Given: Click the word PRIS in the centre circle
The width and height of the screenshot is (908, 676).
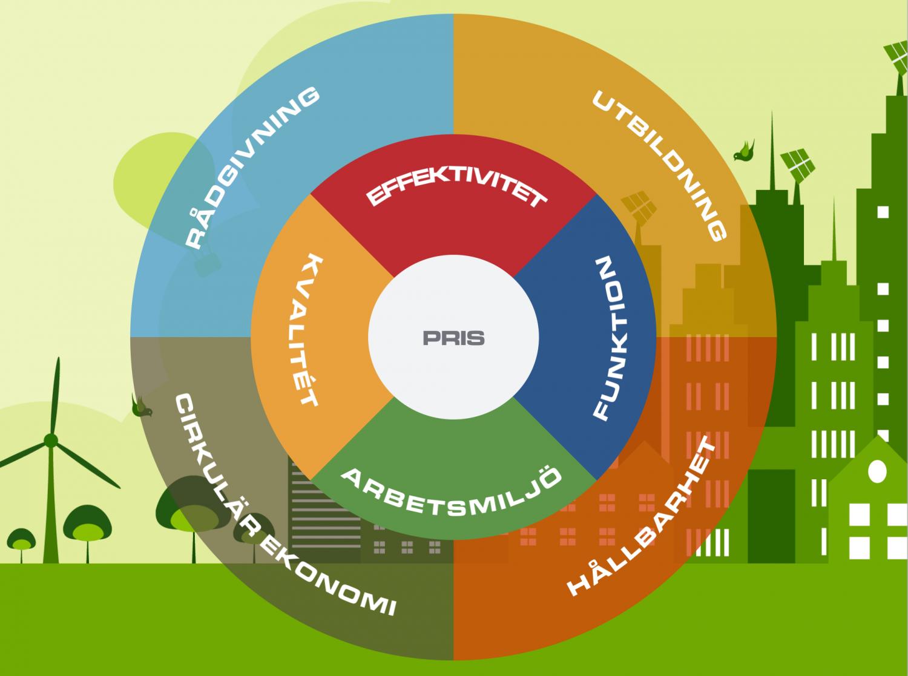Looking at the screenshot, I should tap(453, 338).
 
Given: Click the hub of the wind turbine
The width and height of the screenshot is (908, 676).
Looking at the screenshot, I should tap(51, 439).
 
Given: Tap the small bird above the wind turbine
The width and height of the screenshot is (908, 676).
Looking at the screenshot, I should tap(142, 406).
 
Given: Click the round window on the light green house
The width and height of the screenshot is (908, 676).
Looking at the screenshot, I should tap(877, 470).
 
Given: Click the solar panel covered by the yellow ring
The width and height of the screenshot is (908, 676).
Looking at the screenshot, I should tap(635, 205).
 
